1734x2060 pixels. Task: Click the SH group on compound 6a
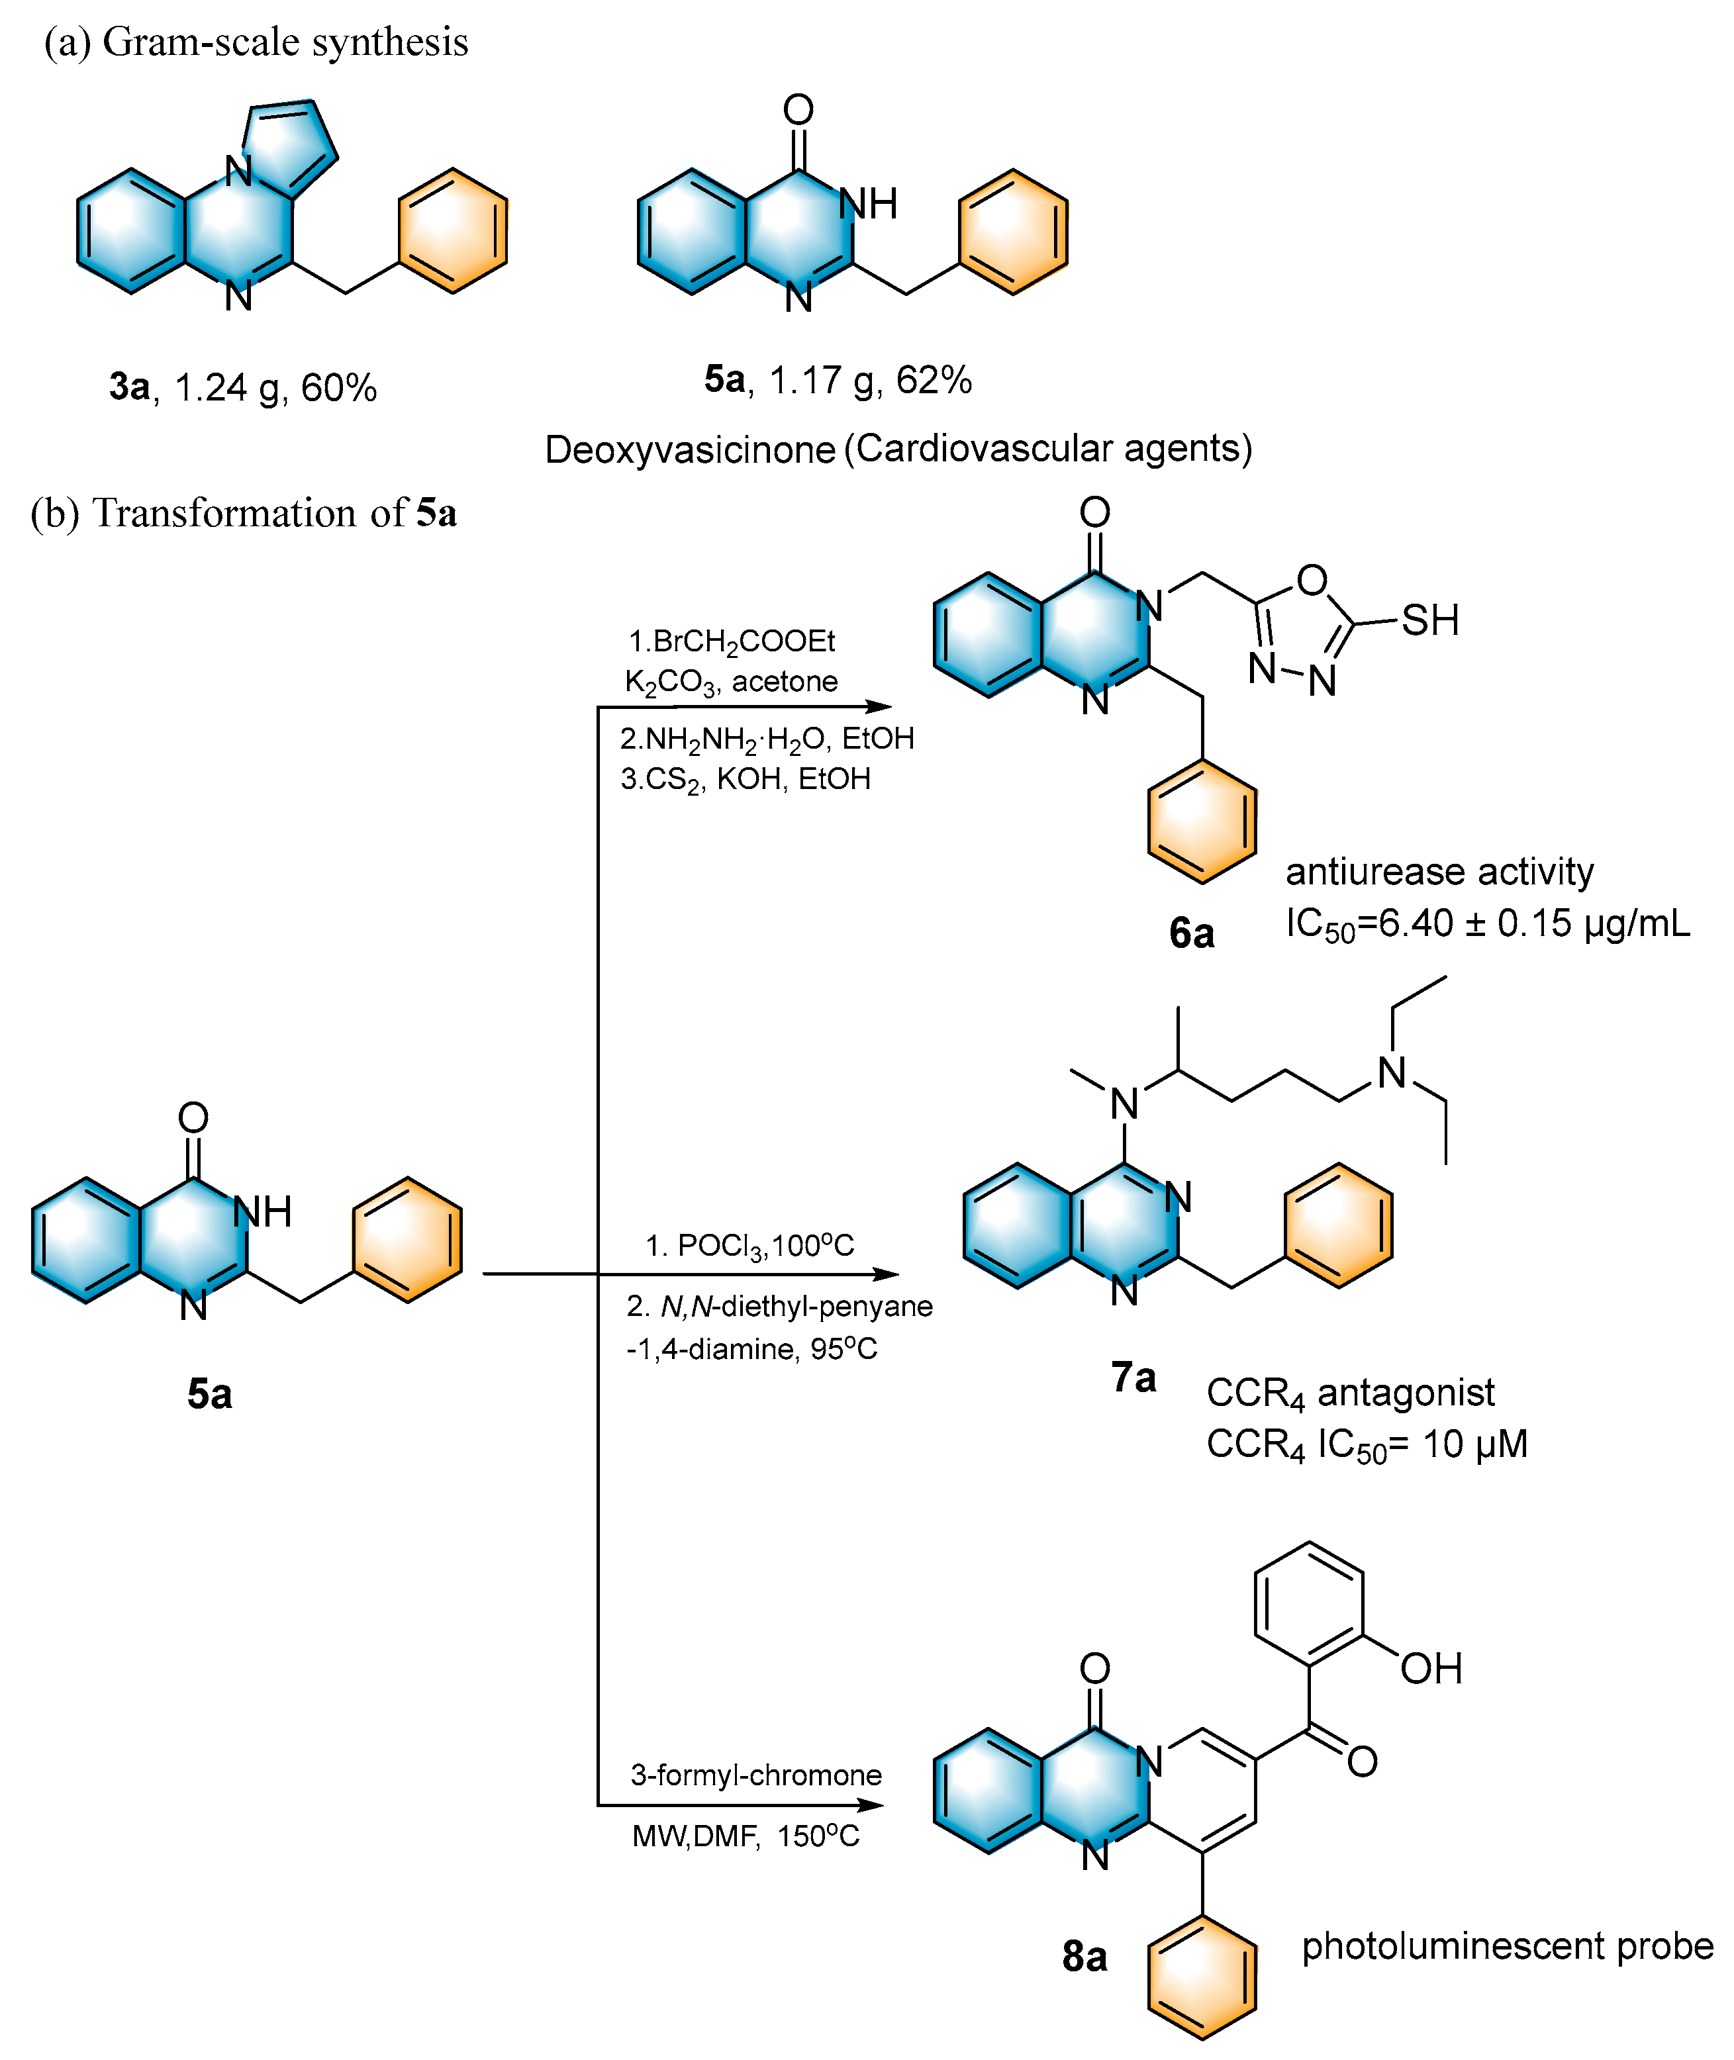(x=1429, y=620)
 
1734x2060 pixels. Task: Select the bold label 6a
(x=1191, y=933)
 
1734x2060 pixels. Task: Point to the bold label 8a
(x=1084, y=1956)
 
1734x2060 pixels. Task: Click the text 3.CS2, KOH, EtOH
(x=745, y=779)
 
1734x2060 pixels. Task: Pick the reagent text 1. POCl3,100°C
(x=749, y=1246)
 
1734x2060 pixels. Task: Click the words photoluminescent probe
(x=1507, y=1946)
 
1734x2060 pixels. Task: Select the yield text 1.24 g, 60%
(x=275, y=388)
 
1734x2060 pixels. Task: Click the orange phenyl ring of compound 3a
(x=452, y=231)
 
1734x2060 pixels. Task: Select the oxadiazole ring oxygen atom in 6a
(x=1312, y=580)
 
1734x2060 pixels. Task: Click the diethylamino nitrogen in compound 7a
(x=1391, y=1072)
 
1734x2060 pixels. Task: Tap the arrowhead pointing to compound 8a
(x=873, y=1805)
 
